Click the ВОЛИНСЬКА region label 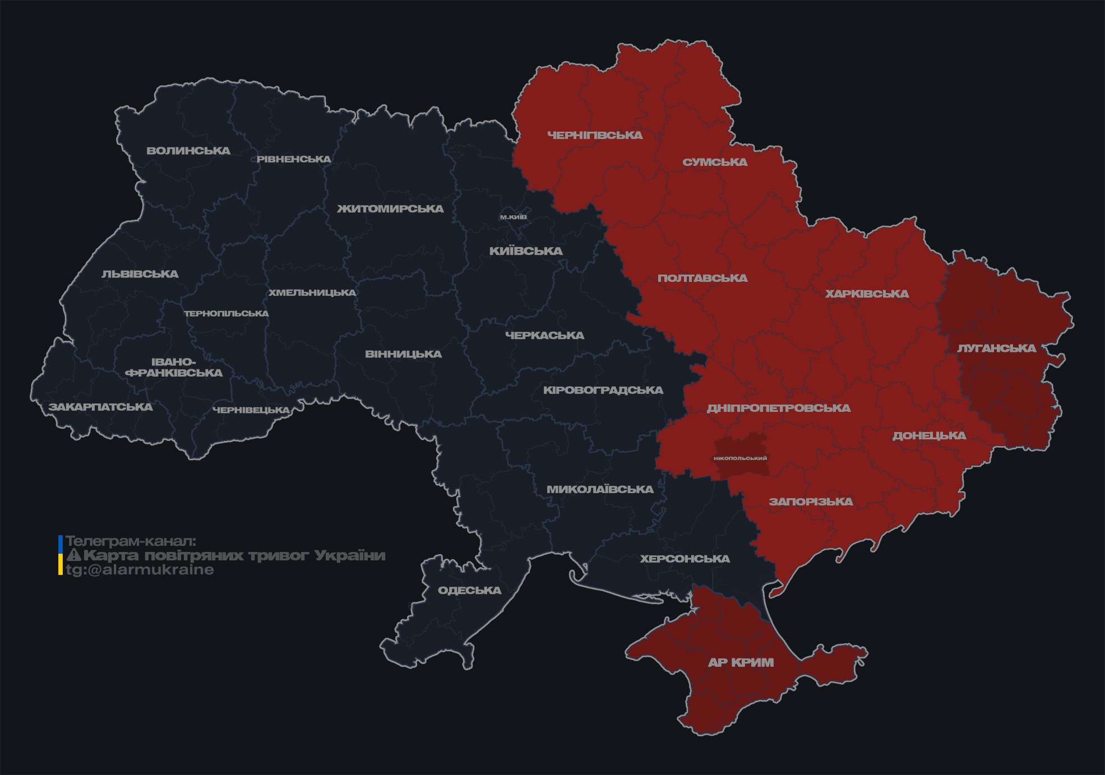click(x=188, y=151)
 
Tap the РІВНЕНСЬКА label click(x=294, y=159)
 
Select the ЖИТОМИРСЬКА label click(x=390, y=209)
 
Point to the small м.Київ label click(x=514, y=217)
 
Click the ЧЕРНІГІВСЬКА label click(x=595, y=135)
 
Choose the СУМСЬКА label click(x=715, y=163)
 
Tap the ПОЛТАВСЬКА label click(x=702, y=279)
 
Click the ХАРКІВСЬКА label click(x=867, y=294)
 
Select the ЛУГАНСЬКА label click(x=996, y=349)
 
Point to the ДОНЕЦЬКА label click(x=929, y=436)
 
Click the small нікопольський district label click(x=740, y=458)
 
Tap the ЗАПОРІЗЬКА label click(x=811, y=502)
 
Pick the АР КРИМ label click(x=741, y=663)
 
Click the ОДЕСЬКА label click(x=469, y=591)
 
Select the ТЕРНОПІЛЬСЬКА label click(x=226, y=314)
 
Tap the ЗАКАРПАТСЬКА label click(x=100, y=407)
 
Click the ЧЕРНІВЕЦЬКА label click(x=251, y=410)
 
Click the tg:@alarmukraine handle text click(x=140, y=570)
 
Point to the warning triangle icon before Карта click(x=73, y=555)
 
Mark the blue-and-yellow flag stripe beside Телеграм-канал click(x=61, y=555)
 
